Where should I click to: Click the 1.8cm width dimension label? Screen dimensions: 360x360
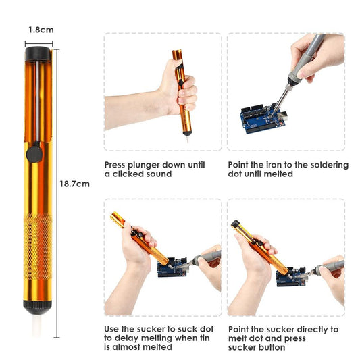click(41, 30)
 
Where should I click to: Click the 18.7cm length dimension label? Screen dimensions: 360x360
click(74, 184)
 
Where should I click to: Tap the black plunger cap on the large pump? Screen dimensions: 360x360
click(39, 52)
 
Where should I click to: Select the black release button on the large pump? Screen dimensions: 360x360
click(31, 156)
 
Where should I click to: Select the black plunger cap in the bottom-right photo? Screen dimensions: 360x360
click(235, 224)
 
